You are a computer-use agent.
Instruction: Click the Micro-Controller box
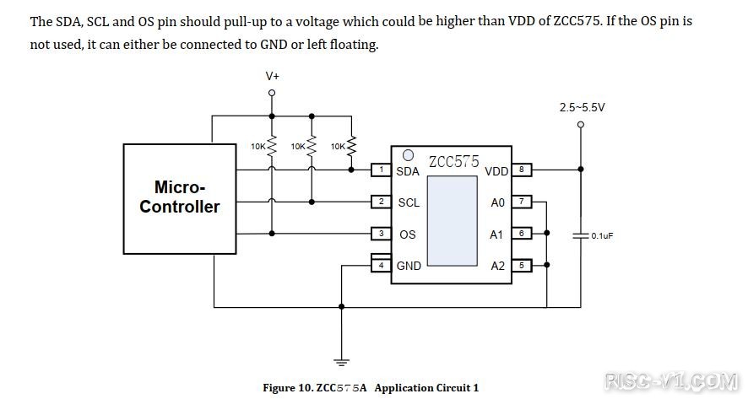coord(180,197)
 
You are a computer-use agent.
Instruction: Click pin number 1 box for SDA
coord(382,170)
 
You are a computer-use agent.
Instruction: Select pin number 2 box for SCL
coord(382,202)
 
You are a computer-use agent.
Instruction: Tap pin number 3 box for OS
coord(382,234)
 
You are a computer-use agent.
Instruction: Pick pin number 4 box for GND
coord(382,265)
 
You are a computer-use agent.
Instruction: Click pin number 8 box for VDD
coord(522,170)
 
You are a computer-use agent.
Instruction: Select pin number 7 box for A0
coord(522,202)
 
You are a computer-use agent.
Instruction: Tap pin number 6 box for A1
coord(522,234)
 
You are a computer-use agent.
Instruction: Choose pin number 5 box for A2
coord(522,265)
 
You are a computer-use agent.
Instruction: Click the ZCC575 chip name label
coord(453,161)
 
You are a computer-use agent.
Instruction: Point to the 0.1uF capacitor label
coord(602,236)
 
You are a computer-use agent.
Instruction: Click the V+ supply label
coord(272,76)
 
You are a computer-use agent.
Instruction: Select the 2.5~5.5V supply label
coord(582,107)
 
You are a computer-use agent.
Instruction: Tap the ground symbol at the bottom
coord(341,363)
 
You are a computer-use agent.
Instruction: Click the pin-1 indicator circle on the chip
coord(408,155)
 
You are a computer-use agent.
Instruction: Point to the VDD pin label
coord(496,171)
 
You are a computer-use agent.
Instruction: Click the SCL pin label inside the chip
coord(409,202)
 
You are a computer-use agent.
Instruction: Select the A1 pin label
coord(496,235)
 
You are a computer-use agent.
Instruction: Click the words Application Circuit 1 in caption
coord(426,388)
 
